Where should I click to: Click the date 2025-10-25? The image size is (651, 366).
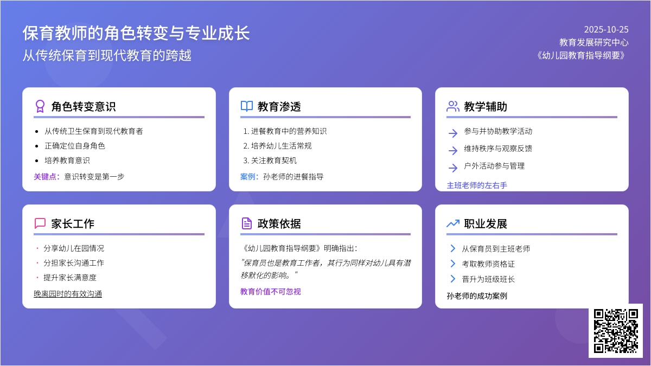[606, 29]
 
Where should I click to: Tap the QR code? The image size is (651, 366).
[615, 330]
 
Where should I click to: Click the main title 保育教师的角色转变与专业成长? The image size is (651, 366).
[136, 33]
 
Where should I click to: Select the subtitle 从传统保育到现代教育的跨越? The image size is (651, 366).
[107, 55]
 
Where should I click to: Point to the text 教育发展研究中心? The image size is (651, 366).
[593, 42]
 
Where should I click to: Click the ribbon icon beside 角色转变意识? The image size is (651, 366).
[40, 106]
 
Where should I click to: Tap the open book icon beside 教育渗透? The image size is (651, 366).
[246, 106]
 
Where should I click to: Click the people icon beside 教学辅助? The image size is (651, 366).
[452, 106]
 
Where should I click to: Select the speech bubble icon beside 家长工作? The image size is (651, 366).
[40, 223]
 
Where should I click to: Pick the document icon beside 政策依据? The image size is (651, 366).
[246, 223]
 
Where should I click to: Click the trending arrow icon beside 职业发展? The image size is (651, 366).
[452, 223]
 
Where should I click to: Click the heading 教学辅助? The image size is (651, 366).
[486, 107]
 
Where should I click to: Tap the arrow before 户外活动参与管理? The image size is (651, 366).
[453, 167]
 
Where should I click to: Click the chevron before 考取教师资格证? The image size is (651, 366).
[452, 264]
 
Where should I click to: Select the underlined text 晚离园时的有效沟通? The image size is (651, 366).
[68, 294]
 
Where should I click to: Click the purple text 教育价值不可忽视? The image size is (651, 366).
[270, 292]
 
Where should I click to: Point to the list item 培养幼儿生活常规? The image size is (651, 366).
[281, 146]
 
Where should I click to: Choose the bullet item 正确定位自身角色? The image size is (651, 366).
[75, 146]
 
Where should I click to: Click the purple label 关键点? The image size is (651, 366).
[47, 176]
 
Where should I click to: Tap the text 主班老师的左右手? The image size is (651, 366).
[477, 185]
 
